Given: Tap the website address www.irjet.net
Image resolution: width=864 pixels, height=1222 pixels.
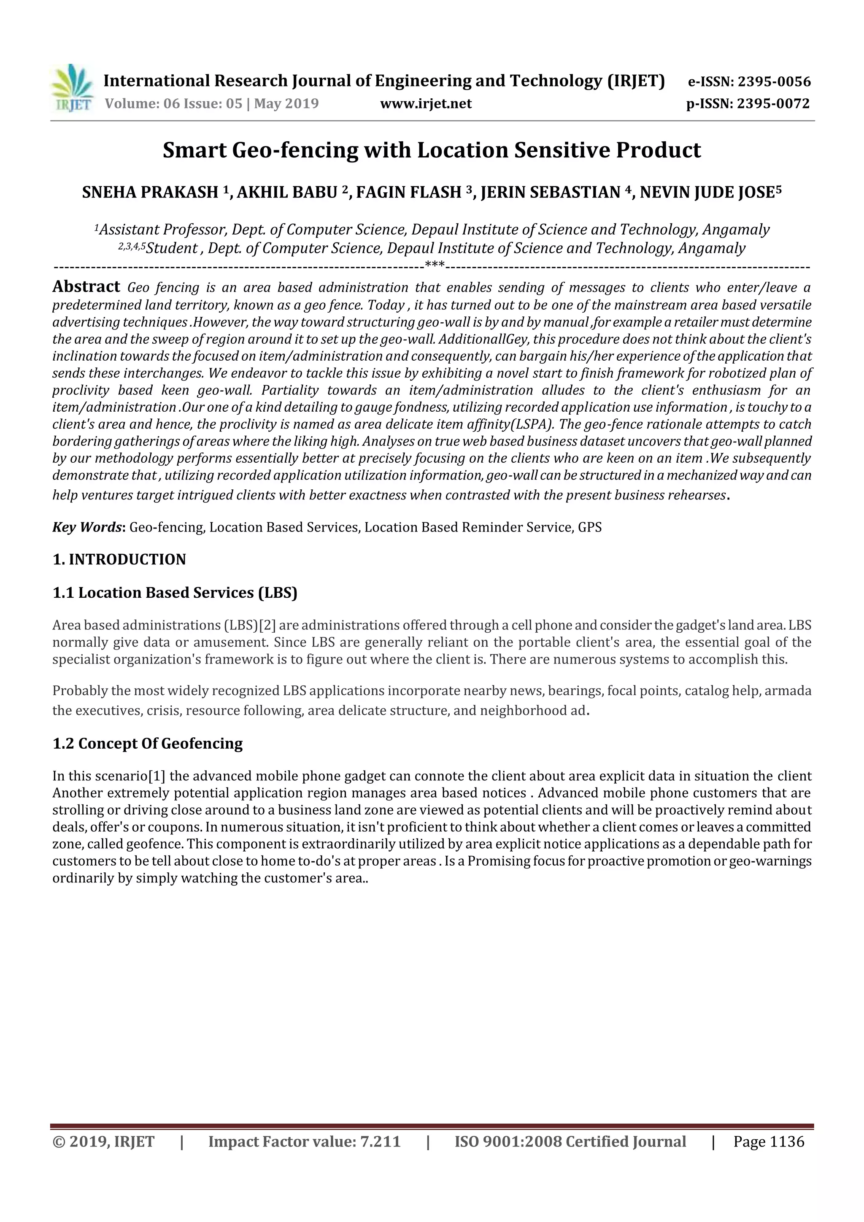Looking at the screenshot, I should (426, 104).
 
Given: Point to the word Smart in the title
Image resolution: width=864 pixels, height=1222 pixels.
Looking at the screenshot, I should (194, 151).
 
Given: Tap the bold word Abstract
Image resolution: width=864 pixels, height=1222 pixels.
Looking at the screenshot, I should (86, 287).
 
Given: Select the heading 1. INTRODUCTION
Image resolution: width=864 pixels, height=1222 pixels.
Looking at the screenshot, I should (119, 559).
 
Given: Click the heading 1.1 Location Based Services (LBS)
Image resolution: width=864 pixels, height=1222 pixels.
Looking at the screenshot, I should (175, 593).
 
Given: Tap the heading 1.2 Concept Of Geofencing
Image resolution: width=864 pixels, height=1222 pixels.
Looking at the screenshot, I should (148, 744).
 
